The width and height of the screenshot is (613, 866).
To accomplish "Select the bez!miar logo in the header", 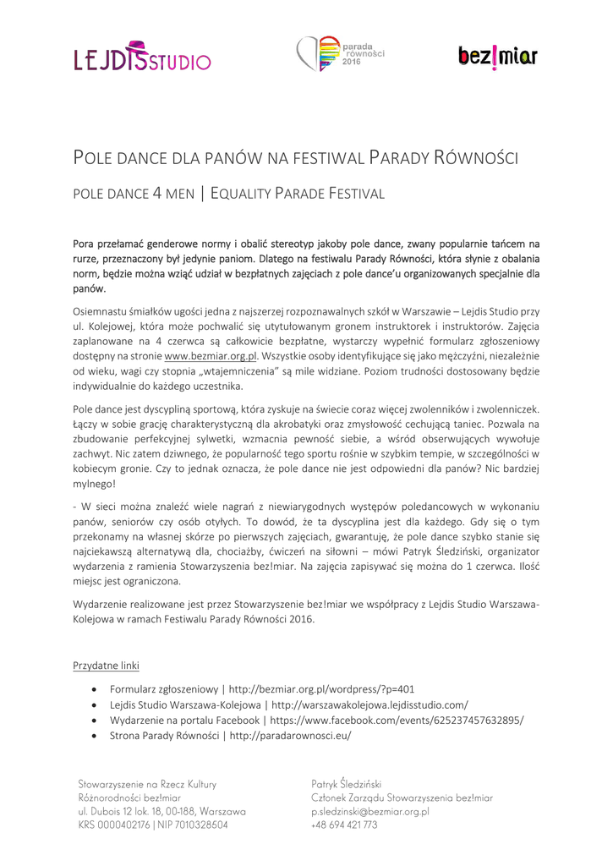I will [x=497, y=56].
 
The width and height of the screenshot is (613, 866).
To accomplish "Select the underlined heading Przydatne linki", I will [x=107, y=665].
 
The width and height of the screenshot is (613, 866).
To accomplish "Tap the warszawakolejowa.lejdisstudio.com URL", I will [x=369, y=704].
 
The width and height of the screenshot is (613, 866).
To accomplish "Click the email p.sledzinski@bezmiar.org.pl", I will [x=370, y=811].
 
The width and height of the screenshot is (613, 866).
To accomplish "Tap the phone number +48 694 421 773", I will [x=344, y=825].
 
